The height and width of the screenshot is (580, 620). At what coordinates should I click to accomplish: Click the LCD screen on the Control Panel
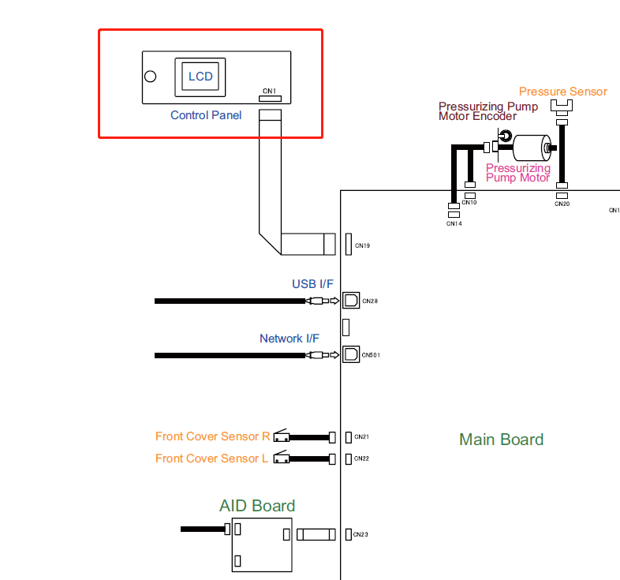(200, 76)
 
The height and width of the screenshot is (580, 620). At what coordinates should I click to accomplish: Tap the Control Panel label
(206, 115)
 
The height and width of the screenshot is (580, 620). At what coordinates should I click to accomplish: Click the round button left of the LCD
(150, 77)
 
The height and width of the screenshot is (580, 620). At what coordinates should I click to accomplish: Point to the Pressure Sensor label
(562, 92)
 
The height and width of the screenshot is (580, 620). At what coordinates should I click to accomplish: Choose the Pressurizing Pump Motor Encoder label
(488, 111)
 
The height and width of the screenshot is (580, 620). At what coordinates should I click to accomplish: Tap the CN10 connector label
(469, 203)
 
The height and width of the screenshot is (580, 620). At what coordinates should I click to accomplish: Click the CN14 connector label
(454, 224)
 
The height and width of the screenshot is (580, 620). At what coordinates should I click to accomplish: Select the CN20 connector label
(562, 204)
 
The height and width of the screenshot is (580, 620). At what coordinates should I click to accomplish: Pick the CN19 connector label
(362, 246)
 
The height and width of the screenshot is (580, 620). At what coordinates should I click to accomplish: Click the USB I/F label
(313, 284)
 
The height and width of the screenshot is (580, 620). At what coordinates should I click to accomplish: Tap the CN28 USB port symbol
(350, 301)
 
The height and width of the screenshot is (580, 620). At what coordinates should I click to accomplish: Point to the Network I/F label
(289, 339)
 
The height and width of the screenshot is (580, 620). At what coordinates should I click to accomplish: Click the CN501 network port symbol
(350, 355)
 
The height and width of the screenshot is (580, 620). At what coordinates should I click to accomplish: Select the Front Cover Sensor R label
(212, 436)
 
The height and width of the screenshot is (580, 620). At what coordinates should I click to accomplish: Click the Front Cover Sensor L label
(211, 458)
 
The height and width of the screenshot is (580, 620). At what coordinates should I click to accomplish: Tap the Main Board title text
(501, 440)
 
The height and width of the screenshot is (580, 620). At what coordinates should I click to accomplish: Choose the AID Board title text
(257, 506)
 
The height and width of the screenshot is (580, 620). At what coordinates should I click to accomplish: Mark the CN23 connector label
(360, 535)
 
